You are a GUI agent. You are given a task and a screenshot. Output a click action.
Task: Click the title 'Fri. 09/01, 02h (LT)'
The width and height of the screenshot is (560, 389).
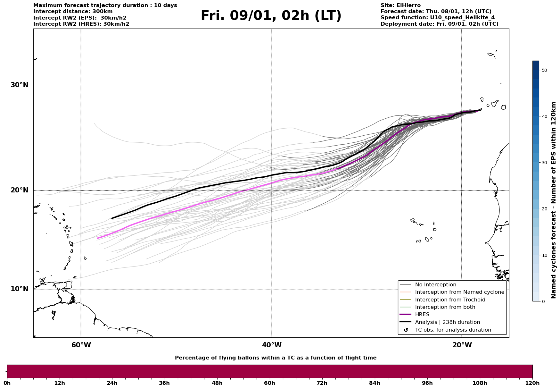pyautogui.click(x=271, y=16)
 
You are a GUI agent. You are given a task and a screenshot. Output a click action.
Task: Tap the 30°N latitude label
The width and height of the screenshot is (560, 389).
pyautogui.click(x=19, y=85)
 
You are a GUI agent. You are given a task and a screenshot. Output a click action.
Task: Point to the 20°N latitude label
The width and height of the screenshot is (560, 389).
pyautogui.click(x=19, y=190)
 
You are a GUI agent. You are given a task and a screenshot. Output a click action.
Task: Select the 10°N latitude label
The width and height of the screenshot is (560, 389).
pyautogui.click(x=19, y=289)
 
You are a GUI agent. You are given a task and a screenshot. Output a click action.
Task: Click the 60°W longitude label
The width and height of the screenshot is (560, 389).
pyautogui.click(x=81, y=345)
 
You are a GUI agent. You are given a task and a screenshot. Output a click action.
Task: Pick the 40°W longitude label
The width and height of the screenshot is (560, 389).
pyautogui.click(x=272, y=345)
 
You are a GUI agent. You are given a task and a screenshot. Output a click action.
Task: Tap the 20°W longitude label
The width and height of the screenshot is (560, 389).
pyautogui.click(x=462, y=345)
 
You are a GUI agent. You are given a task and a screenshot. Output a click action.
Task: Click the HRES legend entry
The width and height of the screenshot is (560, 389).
pyautogui.click(x=422, y=315)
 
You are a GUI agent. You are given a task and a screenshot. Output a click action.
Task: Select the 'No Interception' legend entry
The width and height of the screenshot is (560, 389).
pyautogui.click(x=435, y=285)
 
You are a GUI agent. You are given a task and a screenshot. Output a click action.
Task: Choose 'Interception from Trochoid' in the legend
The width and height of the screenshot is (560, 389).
pyautogui.click(x=450, y=300)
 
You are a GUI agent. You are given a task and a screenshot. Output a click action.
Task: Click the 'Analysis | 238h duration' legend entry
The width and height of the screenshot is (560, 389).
pyautogui.click(x=447, y=322)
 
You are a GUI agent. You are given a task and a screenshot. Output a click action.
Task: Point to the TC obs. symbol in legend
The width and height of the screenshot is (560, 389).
pyautogui.click(x=406, y=330)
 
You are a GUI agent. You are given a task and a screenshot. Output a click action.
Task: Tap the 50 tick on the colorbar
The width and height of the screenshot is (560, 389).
pyautogui.click(x=544, y=70)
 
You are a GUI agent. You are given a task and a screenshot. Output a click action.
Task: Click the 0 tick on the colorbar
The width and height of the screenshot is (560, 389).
pyautogui.click(x=543, y=301)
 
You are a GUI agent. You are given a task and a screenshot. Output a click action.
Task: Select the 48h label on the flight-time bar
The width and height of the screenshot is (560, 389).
pyautogui.click(x=217, y=383)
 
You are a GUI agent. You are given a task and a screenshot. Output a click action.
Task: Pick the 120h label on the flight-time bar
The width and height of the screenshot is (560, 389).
pyautogui.click(x=532, y=383)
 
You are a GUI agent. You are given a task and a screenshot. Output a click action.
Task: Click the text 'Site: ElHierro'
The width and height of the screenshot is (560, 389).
pyautogui.click(x=400, y=5)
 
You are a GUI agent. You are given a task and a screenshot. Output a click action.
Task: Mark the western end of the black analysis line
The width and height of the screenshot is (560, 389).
pyautogui.click(x=111, y=218)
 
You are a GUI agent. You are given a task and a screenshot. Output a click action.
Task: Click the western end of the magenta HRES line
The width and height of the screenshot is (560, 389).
pyautogui.click(x=97, y=238)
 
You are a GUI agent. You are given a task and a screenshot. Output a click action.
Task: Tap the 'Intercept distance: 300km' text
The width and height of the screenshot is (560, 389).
pyautogui.click(x=73, y=12)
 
